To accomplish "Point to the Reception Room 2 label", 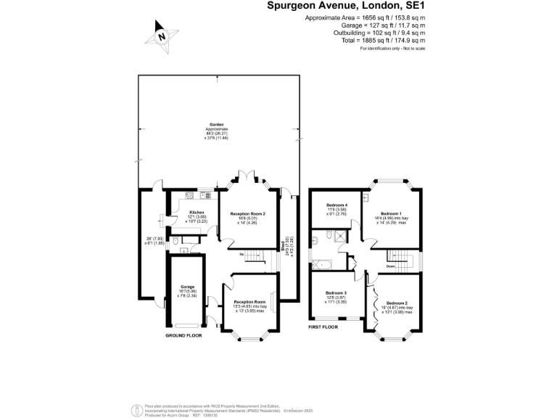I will click(248, 214).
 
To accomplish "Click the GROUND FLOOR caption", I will click(183, 336).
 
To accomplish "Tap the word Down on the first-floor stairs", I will click(390, 266).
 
